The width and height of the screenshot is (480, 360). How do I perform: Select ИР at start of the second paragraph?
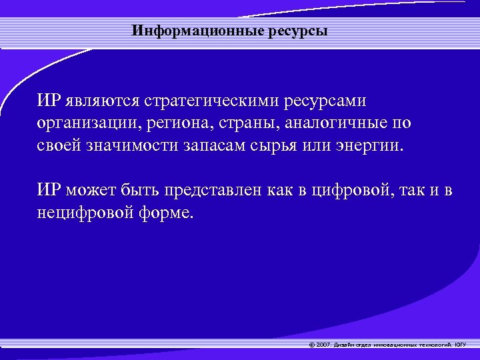pos(50,192)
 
